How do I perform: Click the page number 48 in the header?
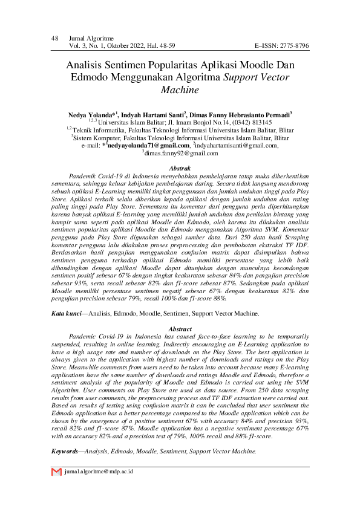(54, 39)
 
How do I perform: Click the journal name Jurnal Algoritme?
(91, 39)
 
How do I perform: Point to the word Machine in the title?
(180, 90)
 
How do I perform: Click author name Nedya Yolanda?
(92, 114)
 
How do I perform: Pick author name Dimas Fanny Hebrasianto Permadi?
(240, 114)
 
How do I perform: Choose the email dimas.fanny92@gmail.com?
(181, 154)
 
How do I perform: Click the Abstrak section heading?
(180, 167)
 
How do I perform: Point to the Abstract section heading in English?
(180, 328)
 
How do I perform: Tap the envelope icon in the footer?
(56, 471)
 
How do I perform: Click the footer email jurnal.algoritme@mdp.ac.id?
(99, 471)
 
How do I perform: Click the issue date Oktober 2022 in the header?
(123, 46)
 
